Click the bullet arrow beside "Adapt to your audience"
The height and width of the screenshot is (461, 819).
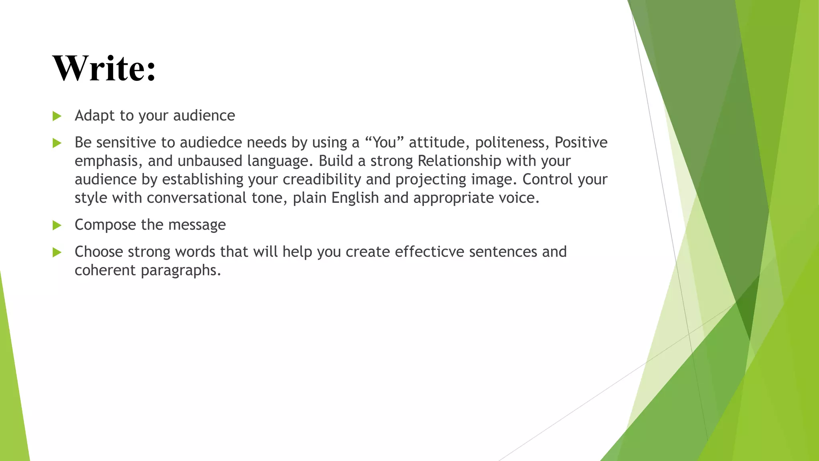pyautogui.click(x=57, y=116)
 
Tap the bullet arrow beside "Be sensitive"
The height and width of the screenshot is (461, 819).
pyautogui.click(x=57, y=143)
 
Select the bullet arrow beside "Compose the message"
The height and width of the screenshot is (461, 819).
pyautogui.click(x=57, y=225)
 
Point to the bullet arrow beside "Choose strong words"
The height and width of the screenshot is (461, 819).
pyautogui.click(x=57, y=252)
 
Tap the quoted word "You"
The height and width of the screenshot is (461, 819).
pyautogui.click(x=384, y=142)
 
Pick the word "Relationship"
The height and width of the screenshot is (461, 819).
pyautogui.click(x=459, y=161)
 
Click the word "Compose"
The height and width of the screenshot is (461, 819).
pyautogui.click(x=105, y=225)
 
